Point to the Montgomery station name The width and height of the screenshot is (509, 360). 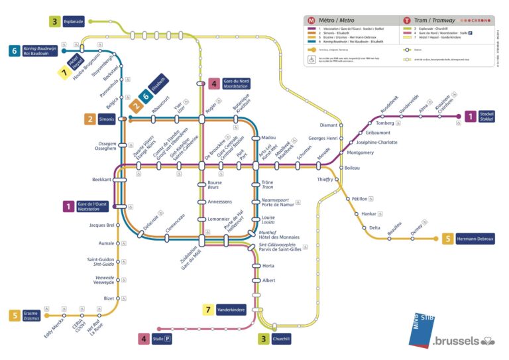361,152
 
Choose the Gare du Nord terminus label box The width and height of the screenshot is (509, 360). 237,84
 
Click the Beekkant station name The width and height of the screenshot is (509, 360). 101,180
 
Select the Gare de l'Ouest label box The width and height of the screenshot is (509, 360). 93,206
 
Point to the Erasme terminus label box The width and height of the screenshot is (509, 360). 31,316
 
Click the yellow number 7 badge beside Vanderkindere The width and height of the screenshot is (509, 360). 207,310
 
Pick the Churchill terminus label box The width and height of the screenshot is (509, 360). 282,339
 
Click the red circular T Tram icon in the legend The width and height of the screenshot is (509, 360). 407,21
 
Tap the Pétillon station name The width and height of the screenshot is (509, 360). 360,198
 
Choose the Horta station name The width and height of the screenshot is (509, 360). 268,266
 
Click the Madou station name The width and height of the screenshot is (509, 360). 268,137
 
